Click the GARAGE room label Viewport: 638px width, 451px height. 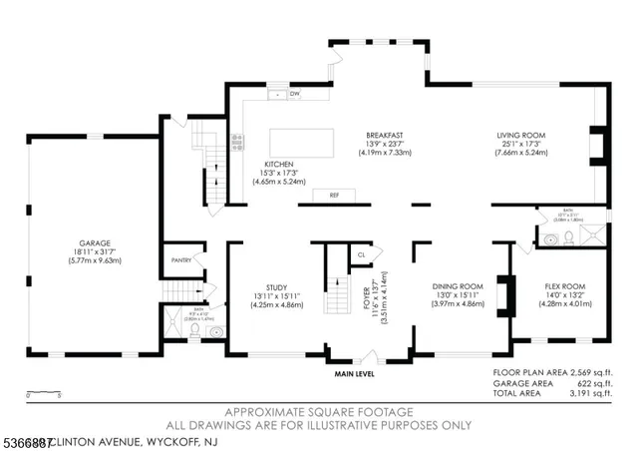(x=95, y=241)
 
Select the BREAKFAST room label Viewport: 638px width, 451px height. (x=383, y=134)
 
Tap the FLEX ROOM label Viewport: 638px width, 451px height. (x=564, y=286)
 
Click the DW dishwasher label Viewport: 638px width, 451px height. (x=294, y=94)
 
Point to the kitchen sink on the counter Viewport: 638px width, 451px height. (x=276, y=95)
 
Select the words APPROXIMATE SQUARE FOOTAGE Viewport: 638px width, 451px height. (x=319, y=412)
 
